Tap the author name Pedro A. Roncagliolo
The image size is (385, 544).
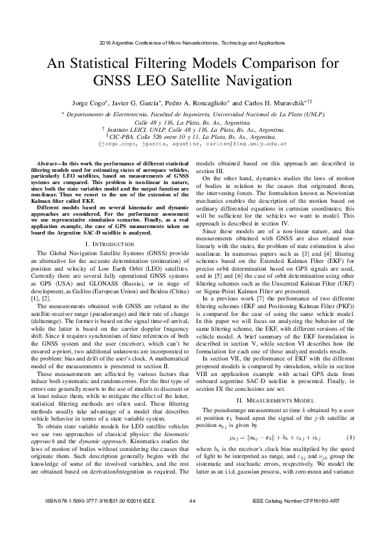pos(197,103)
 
